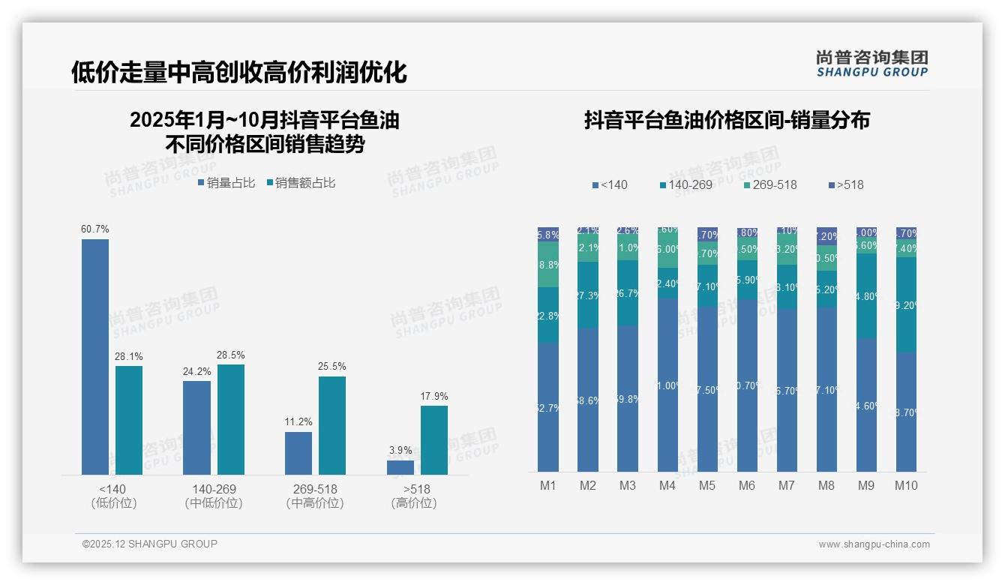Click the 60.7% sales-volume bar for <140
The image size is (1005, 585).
[95, 356]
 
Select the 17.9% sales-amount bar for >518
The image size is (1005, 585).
[433, 440]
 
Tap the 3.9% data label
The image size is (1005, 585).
[400, 451]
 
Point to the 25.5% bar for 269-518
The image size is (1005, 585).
[331, 425]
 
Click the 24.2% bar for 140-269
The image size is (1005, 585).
[196, 427]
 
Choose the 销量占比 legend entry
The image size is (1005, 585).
[226, 183]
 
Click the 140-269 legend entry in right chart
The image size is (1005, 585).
[685, 184]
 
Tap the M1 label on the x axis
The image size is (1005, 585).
[548, 486]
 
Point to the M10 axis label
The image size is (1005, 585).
[905, 486]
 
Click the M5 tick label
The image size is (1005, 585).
[707, 486]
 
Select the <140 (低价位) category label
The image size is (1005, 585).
[113, 496]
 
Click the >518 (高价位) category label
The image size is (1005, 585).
[413, 496]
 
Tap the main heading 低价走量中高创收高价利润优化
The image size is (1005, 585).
[238, 72]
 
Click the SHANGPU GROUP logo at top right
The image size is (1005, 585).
[871, 63]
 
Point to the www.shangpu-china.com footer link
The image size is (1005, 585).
[874, 544]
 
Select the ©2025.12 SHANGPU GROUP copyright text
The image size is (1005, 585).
[150, 544]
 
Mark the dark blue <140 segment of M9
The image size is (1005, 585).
[865, 405]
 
